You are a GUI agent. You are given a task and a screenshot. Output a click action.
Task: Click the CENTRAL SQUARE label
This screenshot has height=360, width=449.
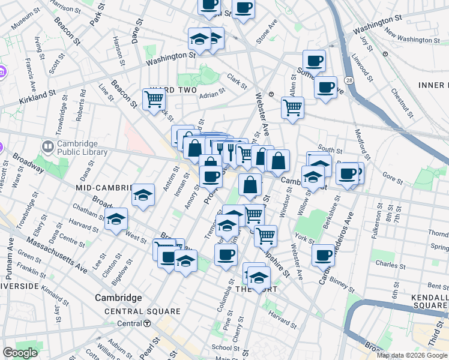142,311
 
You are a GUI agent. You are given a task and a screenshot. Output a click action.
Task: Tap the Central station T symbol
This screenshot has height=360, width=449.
147,323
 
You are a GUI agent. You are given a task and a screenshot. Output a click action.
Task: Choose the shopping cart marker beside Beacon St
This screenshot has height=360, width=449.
154,98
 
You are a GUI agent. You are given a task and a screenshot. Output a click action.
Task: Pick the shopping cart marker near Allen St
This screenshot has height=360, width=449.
292,107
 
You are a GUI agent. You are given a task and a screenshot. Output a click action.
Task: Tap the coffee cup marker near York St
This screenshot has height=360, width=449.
323,254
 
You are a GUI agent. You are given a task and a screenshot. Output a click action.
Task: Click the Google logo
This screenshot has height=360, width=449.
20,353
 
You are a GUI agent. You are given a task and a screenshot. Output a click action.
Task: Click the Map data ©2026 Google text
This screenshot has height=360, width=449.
411,355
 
